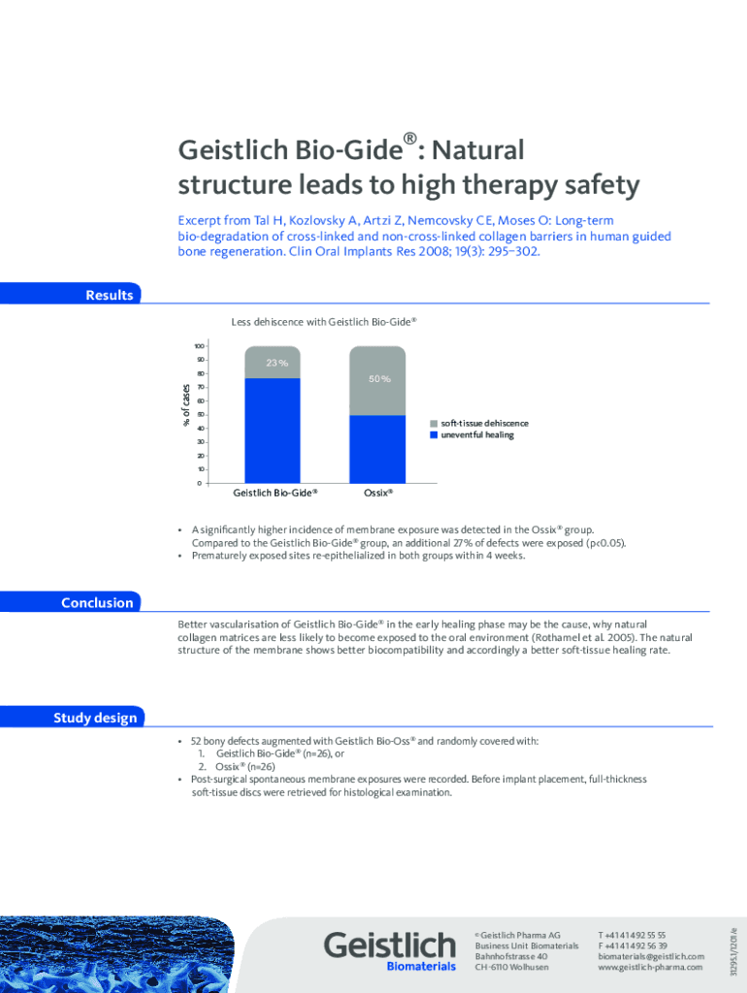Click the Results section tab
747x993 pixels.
(x=109, y=295)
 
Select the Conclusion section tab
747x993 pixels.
(x=97, y=602)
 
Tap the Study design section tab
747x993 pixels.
(x=95, y=718)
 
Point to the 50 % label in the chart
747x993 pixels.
(x=379, y=379)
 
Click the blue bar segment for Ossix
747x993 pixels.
(x=377, y=448)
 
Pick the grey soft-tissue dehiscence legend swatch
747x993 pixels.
(x=434, y=424)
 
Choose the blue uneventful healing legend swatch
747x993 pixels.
(x=434, y=435)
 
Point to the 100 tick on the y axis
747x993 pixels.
(x=198, y=346)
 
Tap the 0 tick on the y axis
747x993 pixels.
(x=200, y=483)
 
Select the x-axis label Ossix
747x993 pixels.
(x=377, y=493)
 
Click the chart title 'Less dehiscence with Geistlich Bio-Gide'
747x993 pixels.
(x=323, y=321)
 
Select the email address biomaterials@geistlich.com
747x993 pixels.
(x=651, y=956)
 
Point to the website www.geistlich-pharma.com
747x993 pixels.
(x=651, y=967)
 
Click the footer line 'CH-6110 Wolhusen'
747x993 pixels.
(x=511, y=967)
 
